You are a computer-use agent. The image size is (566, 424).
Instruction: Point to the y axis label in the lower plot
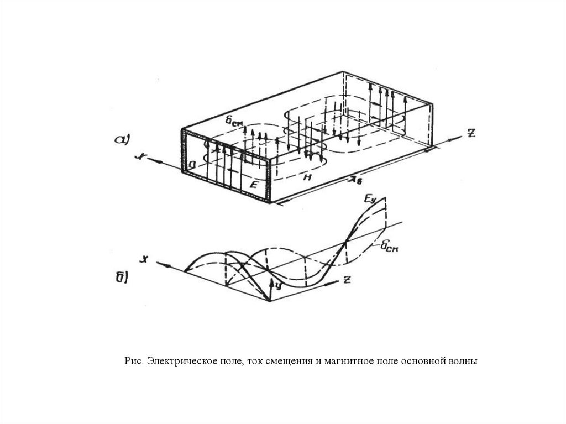tap(279, 285)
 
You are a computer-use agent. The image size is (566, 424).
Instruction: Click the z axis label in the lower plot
tap(346, 280)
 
